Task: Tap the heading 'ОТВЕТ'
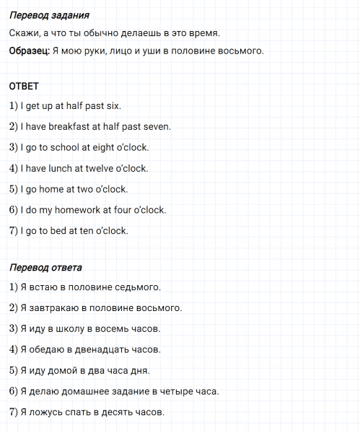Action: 24,87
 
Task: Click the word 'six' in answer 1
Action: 113,106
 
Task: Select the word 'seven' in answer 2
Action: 157,127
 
